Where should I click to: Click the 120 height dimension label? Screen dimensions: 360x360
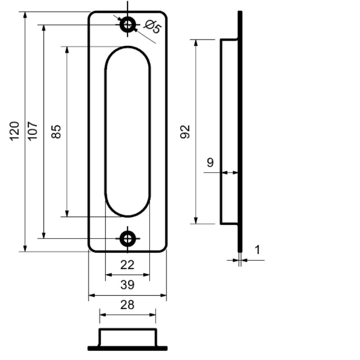coord(14,131)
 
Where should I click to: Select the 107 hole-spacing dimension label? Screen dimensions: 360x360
coord(33,131)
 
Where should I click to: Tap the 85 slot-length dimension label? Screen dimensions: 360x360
coord(57,131)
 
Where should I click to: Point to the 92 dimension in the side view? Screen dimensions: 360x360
coord(185,131)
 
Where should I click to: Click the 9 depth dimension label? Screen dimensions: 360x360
coord(210,163)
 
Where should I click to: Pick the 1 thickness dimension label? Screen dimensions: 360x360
coord(257,250)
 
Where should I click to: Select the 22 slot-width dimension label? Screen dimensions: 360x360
coord(127,265)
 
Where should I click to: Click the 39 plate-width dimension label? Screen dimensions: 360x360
coord(127,285)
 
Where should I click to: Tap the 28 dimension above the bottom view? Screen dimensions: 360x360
coord(127,305)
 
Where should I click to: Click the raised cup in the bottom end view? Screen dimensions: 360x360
coord(128,337)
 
